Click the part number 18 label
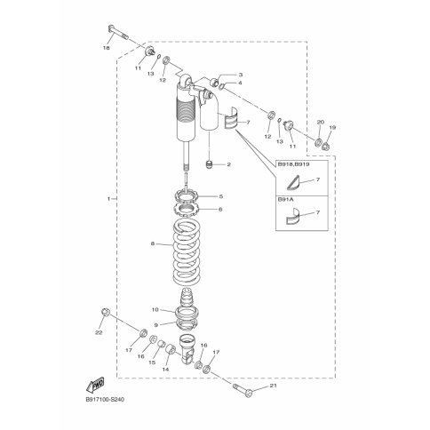[x=106, y=48]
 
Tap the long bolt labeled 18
[x=118, y=32]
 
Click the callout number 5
[x=221, y=196]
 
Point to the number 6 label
[x=220, y=210]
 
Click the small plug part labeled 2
[x=210, y=164]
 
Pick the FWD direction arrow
[x=95, y=385]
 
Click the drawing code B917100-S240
[x=105, y=400]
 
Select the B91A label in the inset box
[x=285, y=200]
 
